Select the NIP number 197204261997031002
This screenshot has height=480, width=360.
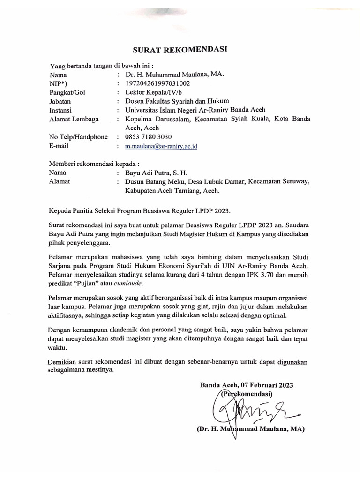point(157,83)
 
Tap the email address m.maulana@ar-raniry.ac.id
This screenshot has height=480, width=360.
point(161,146)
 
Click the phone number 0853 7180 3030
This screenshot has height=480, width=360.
point(148,137)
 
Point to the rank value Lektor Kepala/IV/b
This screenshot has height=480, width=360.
point(154,92)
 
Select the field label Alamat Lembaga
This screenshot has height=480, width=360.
point(74,119)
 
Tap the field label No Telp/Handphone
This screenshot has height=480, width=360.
point(78,137)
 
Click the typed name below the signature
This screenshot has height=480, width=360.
point(248,429)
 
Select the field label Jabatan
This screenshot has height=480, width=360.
point(61,101)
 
